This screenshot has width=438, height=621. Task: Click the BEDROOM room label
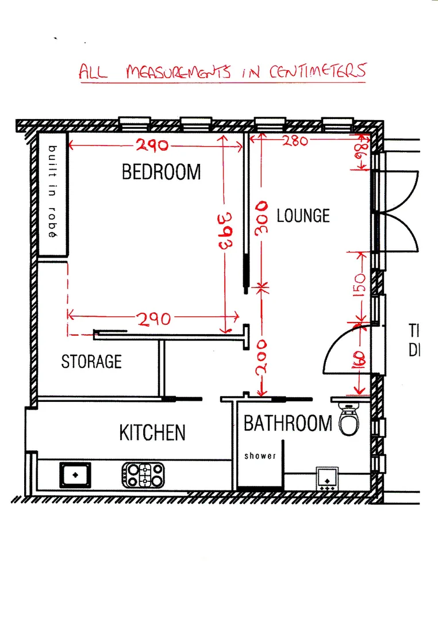162,172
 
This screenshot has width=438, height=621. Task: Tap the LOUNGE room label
303,216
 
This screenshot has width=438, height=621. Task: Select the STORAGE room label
91,361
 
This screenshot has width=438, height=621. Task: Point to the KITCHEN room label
152,432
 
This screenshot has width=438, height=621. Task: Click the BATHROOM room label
288,424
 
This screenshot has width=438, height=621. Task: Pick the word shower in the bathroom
260,456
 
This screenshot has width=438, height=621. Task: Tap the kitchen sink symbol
75,475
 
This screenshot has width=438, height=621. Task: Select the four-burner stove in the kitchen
143,475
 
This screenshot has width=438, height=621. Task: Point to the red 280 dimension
295,141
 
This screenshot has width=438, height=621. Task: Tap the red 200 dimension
262,356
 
